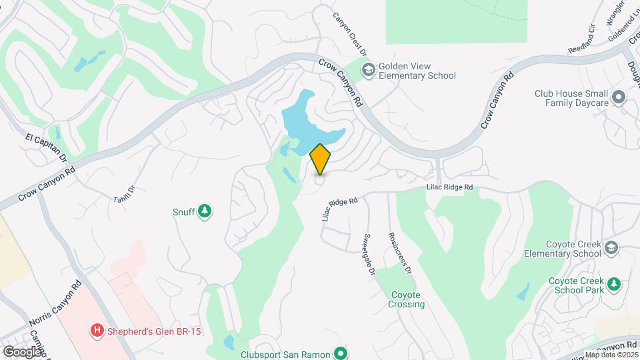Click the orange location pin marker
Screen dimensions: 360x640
321,159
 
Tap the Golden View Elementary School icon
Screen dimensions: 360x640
368,70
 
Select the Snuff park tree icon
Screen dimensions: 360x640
206,212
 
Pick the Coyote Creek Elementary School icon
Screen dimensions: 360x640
611,248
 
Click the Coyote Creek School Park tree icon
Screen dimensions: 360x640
613,285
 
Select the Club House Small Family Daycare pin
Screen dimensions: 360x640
619,98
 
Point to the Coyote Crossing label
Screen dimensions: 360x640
407,299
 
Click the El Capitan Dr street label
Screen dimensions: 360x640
47,148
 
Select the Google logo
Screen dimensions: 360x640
22,351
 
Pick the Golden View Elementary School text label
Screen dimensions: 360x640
417,71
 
